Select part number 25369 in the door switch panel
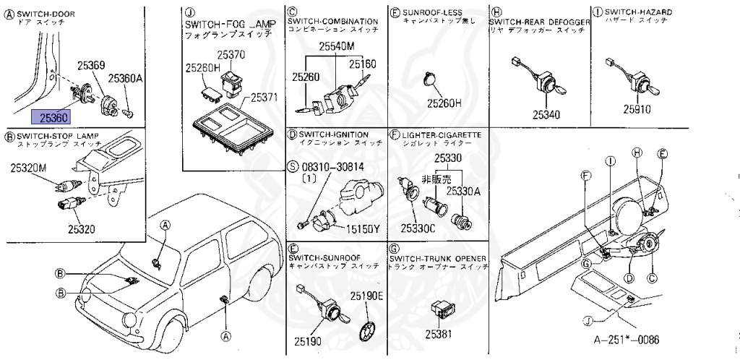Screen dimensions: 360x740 (92, 66)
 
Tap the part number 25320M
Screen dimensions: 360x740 (28, 168)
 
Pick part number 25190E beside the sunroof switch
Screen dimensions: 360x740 (367, 296)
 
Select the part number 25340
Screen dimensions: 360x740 (546, 114)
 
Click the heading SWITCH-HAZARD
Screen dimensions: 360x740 (638, 12)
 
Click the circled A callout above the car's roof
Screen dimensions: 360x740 (165, 226)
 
